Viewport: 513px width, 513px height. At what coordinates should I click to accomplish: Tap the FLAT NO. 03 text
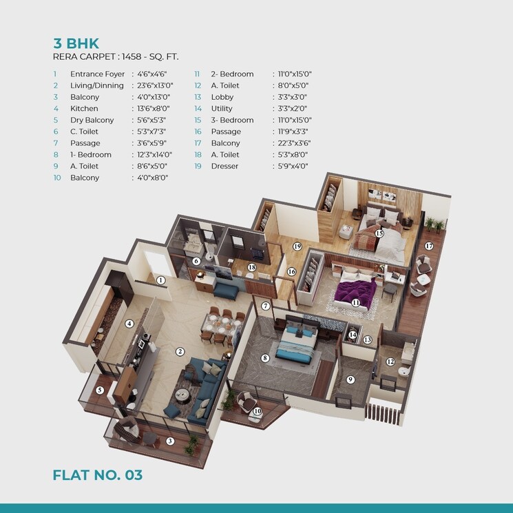97,474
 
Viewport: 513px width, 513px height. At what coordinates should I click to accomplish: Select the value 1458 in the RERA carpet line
132,57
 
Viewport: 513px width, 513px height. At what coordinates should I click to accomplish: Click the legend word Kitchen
84,109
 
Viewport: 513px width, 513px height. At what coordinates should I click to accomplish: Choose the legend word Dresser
224,166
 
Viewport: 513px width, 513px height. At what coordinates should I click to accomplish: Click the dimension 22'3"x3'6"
290,143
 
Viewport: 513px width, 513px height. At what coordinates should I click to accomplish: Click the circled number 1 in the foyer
160,280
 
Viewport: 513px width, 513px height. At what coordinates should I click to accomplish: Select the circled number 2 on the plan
180,351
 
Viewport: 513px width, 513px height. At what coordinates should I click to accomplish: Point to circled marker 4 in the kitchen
129,324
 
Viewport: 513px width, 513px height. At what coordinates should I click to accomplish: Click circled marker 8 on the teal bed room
264,358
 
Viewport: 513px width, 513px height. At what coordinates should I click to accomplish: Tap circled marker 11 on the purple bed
355,302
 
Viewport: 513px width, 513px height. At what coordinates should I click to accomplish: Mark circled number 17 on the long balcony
428,246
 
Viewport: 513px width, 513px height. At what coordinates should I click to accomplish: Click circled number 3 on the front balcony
170,441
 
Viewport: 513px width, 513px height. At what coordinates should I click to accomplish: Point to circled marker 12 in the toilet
390,362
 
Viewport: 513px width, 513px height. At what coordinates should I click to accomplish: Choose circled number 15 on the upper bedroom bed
379,233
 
